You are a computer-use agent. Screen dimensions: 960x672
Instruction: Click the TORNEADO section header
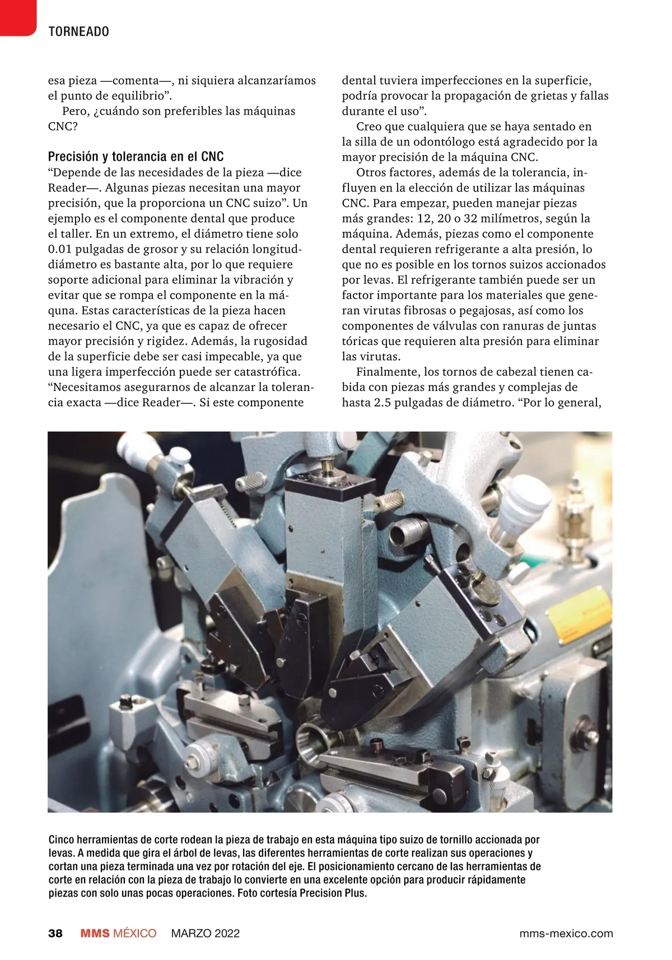[x=78, y=31]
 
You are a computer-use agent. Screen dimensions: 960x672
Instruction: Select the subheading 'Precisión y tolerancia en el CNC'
[x=136, y=156]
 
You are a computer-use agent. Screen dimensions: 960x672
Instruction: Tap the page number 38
[x=55, y=933]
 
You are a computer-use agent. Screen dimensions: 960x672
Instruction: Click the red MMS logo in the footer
[x=95, y=933]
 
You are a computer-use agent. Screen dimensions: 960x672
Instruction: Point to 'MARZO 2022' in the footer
[x=205, y=933]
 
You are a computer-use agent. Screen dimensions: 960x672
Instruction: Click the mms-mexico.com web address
[x=566, y=933]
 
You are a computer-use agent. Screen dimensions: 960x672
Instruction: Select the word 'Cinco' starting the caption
[x=60, y=840]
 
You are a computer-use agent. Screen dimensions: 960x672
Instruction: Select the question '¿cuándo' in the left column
[x=116, y=111]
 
